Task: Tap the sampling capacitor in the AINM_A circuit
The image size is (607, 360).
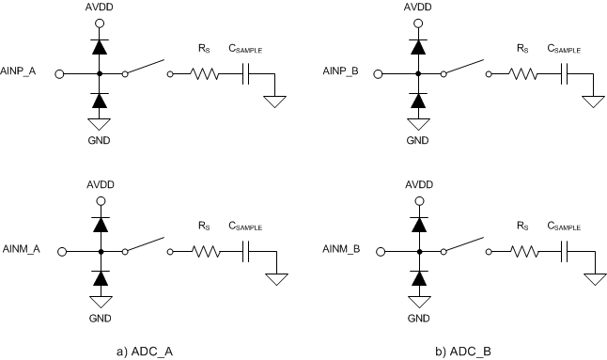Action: [x=246, y=252]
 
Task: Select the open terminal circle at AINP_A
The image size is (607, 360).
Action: [x=60, y=73]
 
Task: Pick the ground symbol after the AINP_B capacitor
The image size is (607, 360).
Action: [x=594, y=101]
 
